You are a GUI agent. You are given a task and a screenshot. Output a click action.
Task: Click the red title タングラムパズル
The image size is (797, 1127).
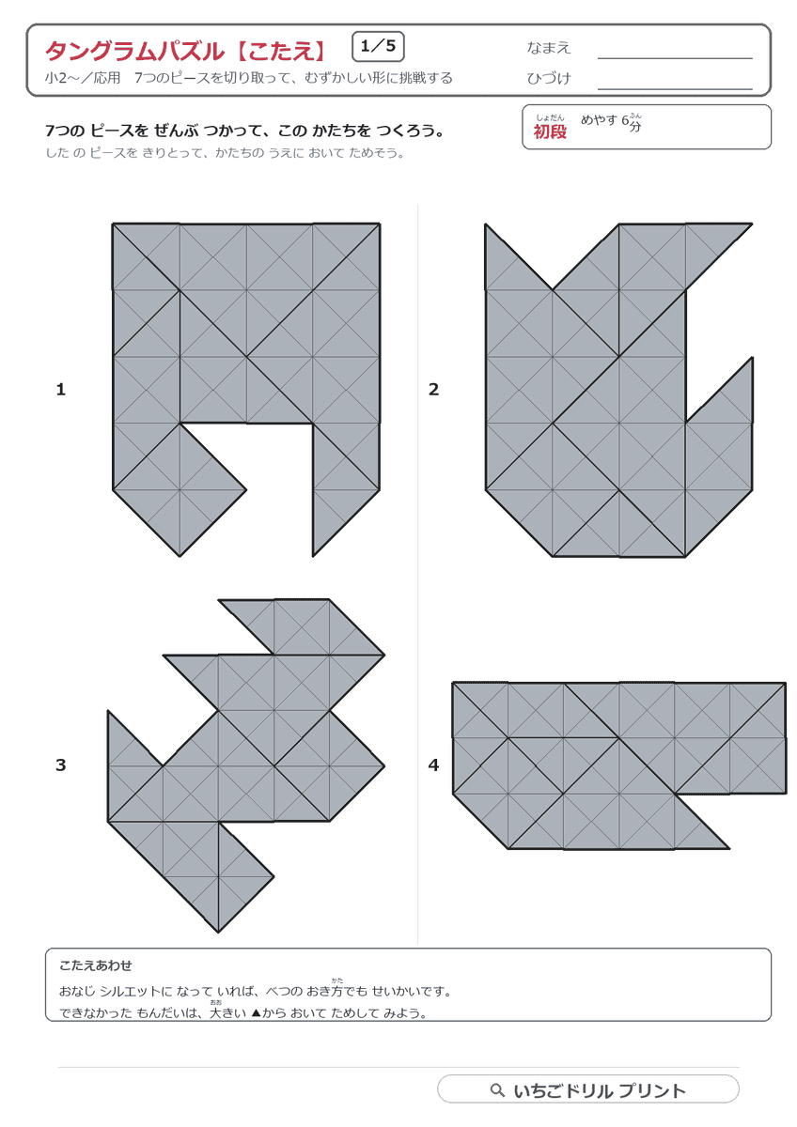click(135, 51)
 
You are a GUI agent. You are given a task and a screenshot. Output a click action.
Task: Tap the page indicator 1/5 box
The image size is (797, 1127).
click(378, 47)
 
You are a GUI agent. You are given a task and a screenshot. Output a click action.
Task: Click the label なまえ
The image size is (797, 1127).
click(548, 48)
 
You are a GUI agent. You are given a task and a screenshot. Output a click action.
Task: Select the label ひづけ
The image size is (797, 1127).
click(548, 78)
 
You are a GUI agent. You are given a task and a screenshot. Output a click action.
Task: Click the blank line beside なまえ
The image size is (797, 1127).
click(675, 58)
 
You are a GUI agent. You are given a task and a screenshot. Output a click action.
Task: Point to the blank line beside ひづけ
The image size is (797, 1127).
click(675, 89)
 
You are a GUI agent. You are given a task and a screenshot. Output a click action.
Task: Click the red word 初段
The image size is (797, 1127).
click(550, 131)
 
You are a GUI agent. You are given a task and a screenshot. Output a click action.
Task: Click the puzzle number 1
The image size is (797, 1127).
click(61, 389)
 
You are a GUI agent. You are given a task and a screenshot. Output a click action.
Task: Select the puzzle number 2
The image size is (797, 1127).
click(433, 389)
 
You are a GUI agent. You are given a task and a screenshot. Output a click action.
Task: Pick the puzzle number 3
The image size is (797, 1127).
click(61, 764)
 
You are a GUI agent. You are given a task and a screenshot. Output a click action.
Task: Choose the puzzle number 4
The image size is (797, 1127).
click(433, 764)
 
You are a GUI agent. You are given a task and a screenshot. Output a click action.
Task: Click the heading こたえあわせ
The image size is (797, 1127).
click(96, 965)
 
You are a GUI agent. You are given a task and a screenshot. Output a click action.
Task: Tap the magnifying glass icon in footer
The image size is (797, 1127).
click(497, 1089)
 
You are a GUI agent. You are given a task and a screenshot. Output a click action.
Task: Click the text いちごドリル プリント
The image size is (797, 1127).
click(600, 1090)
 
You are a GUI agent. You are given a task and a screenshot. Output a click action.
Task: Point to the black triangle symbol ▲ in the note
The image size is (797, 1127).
click(256, 1012)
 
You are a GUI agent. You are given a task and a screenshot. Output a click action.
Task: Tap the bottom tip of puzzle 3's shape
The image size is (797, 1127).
click(218, 932)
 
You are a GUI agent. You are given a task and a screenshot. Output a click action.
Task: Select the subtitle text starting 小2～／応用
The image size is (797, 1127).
click(249, 78)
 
